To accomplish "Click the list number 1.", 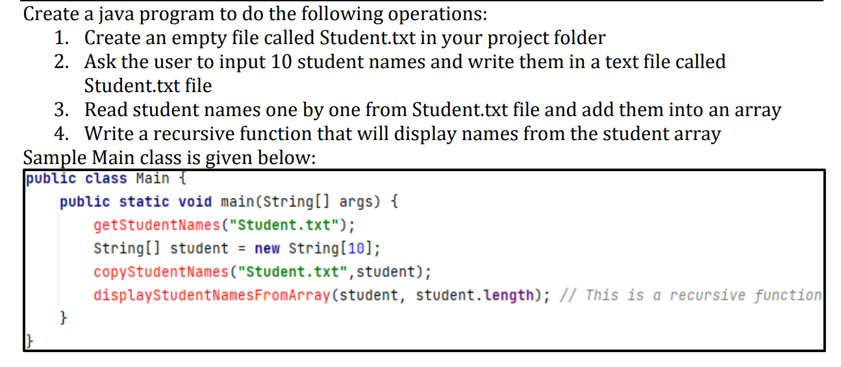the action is [x=60, y=38].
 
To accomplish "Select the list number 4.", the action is [x=61, y=134].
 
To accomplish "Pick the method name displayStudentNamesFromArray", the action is [x=212, y=296].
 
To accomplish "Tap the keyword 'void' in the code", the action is [x=195, y=202].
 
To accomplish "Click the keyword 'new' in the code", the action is [x=267, y=248].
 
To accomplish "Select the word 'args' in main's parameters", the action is [x=356, y=202].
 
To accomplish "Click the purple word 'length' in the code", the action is [x=509, y=296].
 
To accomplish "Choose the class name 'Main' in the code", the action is [x=153, y=178].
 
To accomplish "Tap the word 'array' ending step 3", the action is [x=757, y=110].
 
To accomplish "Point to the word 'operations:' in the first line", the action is [x=434, y=14].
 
